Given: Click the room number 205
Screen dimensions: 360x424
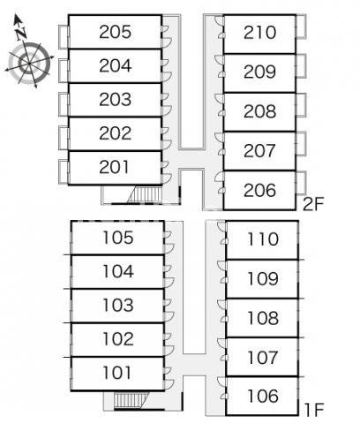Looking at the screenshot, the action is [x=115, y=32].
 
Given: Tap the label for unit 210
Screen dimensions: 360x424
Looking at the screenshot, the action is [x=259, y=33].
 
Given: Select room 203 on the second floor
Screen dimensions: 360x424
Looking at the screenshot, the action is [x=115, y=100].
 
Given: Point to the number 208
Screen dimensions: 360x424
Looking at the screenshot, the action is [x=259, y=111].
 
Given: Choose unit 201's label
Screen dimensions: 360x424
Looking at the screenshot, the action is [x=114, y=167].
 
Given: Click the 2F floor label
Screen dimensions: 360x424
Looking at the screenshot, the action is [x=313, y=204].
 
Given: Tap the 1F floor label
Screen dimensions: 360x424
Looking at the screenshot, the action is [x=314, y=410].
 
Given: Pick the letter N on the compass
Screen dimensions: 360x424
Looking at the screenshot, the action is [x=20, y=34].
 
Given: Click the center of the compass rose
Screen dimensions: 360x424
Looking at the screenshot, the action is [x=29, y=63].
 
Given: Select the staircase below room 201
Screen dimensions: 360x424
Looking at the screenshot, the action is [x=146, y=194].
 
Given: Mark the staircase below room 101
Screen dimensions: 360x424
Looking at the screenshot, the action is [x=131, y=400].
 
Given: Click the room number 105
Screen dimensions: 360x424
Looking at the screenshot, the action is [x=118, y=238].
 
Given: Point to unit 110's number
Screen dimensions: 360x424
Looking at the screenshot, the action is [x=263, y=239].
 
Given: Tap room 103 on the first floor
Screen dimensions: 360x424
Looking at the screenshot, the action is [x=118, y=305].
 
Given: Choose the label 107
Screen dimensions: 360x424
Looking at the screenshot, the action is [x=263, y=358].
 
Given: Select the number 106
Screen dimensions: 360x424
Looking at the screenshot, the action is [x=263, y=396].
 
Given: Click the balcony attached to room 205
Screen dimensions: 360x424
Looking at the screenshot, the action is [x=64, y=37].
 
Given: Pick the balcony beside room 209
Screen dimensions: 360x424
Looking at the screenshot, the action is [x=301, y=66].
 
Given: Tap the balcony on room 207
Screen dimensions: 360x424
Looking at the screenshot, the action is [x=301, y=144].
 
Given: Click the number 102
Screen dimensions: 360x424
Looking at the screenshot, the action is [x=118, y=339].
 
